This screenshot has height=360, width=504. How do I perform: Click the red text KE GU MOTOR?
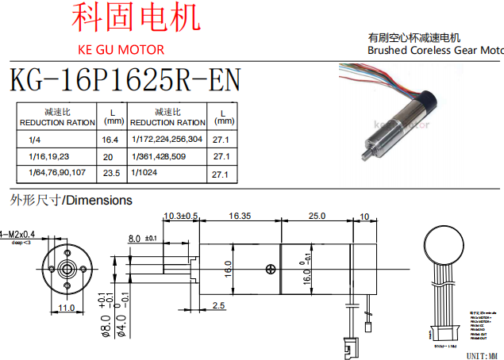(121, 50)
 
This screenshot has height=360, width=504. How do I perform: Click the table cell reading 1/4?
(34, 139)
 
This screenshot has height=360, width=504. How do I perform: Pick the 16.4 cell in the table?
(110, 140)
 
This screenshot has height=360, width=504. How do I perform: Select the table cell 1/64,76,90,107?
(56, 173)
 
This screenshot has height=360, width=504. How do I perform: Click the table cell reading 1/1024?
(145, 174)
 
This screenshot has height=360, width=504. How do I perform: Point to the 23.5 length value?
(110, 173)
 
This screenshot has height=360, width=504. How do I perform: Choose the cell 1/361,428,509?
(159, 156)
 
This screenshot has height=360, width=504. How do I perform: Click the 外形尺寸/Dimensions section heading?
(71, 200)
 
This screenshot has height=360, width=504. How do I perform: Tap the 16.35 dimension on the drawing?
(240, 216)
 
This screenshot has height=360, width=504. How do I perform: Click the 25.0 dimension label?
(317, 216)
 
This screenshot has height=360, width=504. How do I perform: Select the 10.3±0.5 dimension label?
(180, 216)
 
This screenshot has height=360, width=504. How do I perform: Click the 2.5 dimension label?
(219, 305)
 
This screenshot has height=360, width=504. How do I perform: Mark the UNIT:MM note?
(484, 354)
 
